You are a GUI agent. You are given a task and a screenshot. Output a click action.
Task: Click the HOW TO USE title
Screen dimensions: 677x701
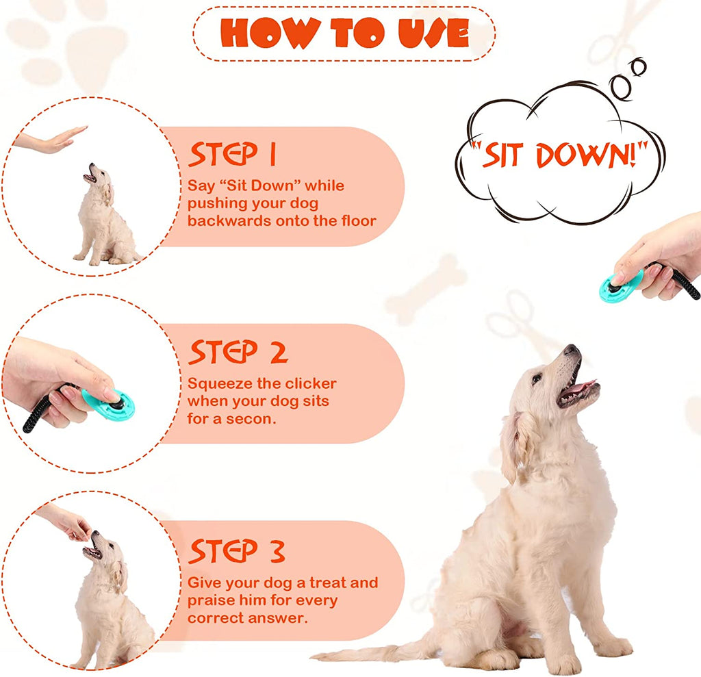click(344, 32)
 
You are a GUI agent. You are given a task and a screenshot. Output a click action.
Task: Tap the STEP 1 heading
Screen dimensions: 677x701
click(232, 155)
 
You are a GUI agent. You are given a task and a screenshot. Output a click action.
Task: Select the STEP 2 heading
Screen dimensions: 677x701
click(238, 352)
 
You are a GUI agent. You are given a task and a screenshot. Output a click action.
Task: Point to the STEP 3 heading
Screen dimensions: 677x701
click(237, 550)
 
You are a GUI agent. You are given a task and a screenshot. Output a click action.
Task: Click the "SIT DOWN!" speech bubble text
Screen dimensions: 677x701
click(559, 156)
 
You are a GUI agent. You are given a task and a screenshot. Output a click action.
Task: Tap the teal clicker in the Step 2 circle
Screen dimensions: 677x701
click(110, 404)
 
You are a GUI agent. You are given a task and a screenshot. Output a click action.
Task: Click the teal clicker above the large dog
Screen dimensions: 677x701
click(620, 285)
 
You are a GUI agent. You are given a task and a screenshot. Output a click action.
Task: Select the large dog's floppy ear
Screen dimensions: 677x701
click(515, 445)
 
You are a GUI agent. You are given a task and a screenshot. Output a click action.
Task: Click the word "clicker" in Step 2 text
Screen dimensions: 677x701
click(305, 383)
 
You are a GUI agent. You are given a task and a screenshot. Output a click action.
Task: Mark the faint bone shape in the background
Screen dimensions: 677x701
click(425, 288)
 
